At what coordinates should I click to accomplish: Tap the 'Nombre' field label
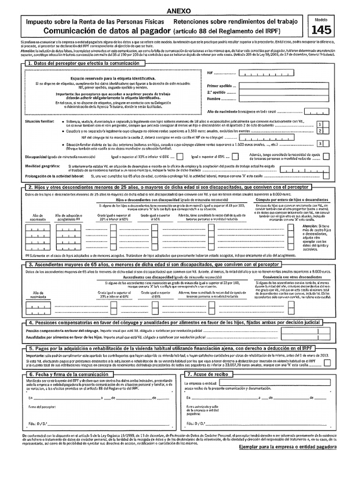point(213,99)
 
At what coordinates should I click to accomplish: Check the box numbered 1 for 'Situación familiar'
point(319,125)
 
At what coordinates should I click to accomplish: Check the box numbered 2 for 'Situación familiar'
point(319,132)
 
